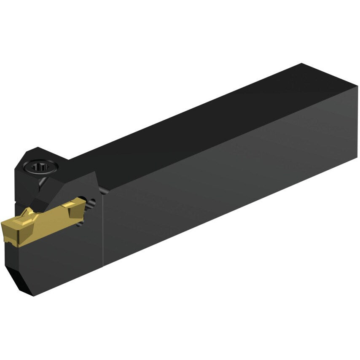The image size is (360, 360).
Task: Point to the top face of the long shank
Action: click(x=211, y=118)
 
